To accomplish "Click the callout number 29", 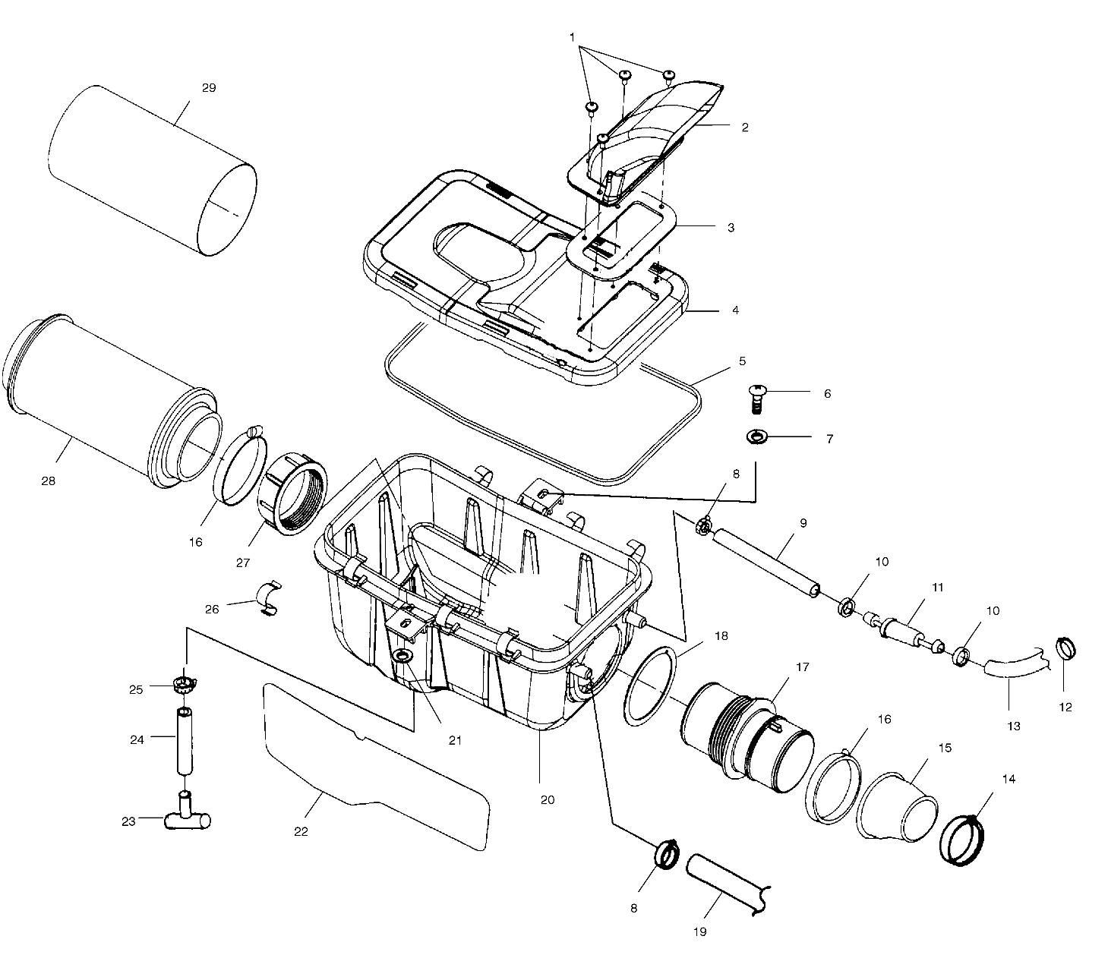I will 209,87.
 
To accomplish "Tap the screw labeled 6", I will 756,399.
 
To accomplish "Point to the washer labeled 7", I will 757,437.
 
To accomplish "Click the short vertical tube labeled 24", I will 185,739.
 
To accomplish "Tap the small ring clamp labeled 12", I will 1067,649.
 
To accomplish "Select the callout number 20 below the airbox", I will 547,799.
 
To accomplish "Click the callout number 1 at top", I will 572,36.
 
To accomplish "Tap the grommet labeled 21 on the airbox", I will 402,655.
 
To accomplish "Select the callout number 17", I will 802,667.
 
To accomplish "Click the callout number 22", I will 301,831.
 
